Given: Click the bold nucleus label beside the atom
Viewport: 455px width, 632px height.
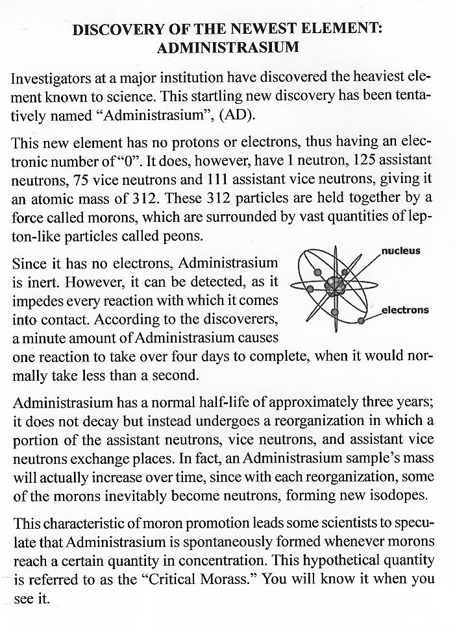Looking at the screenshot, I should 400,250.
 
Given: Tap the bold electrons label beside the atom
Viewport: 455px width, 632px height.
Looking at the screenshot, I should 405,310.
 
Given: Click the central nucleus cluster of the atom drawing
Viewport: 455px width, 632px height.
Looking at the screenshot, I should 336,284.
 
